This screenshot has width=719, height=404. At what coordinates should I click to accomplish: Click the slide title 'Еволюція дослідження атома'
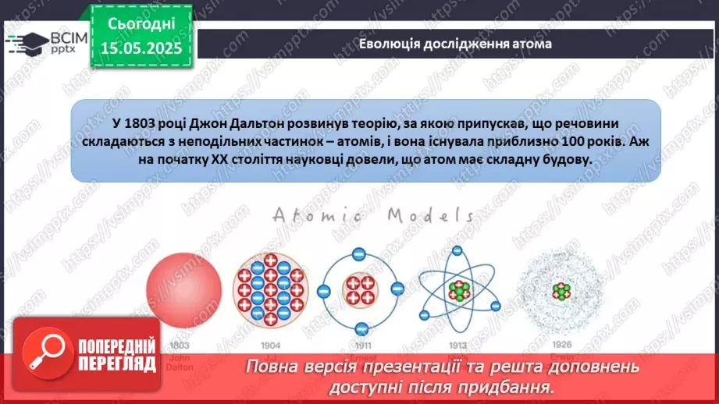coord(455,44)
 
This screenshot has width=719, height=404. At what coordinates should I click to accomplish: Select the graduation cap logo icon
coord(26,44)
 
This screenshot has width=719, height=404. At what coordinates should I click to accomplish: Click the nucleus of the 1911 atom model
coord(360,289)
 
